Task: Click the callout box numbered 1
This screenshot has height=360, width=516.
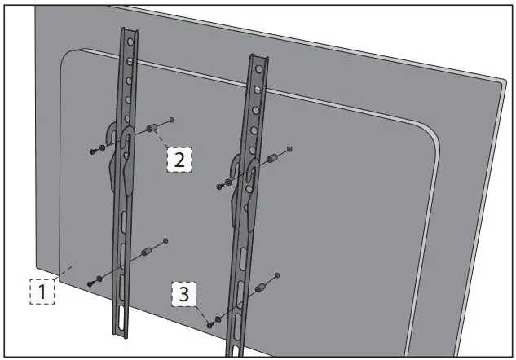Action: coord(42,291)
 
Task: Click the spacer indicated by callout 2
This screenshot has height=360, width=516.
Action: coord(152,130)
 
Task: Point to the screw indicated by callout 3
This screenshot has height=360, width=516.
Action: coord(209,324)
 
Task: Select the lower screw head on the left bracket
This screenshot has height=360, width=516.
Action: coord(90,283)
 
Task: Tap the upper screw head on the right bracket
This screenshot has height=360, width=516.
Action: coord(218,187)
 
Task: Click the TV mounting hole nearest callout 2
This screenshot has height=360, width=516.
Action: coord(171,121)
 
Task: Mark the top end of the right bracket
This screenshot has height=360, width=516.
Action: coord(257,59)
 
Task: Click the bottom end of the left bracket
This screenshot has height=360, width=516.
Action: coord(119,331)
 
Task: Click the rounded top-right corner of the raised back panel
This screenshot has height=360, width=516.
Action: coord(430,130)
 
